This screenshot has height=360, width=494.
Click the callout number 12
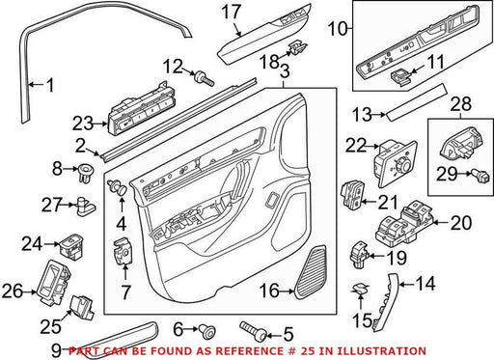[173, 67]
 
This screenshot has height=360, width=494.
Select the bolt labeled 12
[205, 78]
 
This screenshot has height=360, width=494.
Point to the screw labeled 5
[253, 331]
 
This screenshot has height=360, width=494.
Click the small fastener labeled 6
[206, 331]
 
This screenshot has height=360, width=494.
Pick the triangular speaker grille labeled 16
[311, 272]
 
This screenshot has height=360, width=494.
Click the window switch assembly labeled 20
[405, 223]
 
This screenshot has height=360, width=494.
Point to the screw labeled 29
[480, 174]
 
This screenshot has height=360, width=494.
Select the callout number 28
[461, 103]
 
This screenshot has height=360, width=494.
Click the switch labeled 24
[71, 245]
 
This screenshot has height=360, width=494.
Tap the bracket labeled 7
[123, 251]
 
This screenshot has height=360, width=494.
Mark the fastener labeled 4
[118, 186]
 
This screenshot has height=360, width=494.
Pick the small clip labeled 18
[297, 47]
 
